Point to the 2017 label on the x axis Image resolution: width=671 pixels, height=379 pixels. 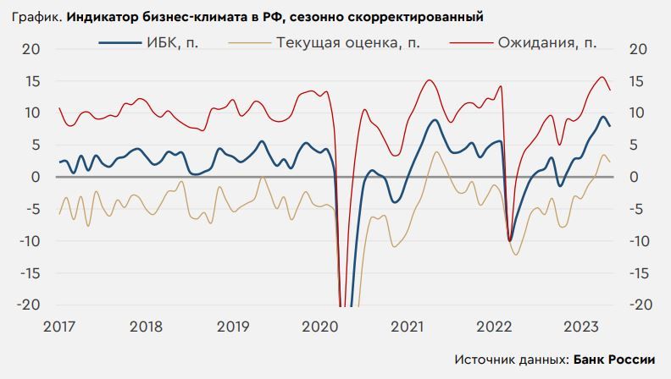pos(59,327)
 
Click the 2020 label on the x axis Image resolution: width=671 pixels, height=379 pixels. pos(321,327)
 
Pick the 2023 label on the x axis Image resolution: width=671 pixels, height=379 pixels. pos(582,327)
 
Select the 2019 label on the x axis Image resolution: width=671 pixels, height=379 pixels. pos(234,327)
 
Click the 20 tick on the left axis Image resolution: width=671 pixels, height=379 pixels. pos(30,49)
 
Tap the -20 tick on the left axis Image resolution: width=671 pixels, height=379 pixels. pos(27,305)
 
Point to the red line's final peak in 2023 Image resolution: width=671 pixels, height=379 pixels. pos(602,77)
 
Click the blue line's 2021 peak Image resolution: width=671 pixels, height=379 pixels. pos(435,120)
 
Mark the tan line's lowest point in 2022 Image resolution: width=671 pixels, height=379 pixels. pos(517,255)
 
